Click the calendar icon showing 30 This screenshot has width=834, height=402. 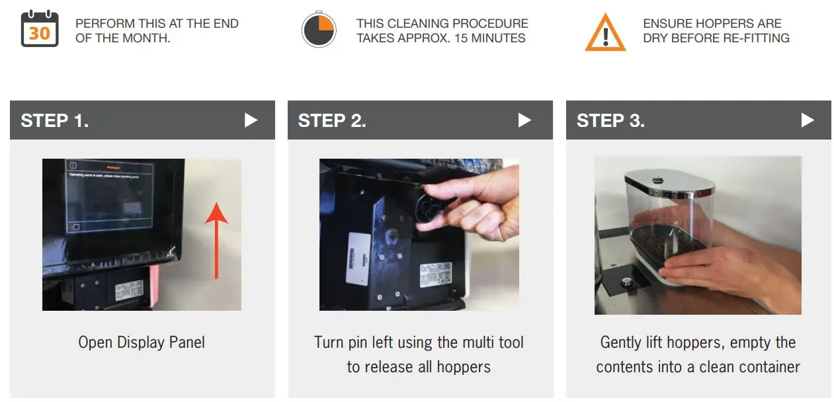pyautogui.click(x=39, y=30)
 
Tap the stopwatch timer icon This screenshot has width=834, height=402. pyautogui.click(x=319, y=30)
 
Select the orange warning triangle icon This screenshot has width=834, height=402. pyautogui.click(x=605, y=32)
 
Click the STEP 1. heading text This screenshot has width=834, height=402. pyautogui.click(x=55, y=120)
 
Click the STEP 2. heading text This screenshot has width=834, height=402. pyautogui.click(x=332, y=120)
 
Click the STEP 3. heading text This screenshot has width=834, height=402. pyautogui.click(x=610, y=120)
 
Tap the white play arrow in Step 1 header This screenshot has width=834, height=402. pyautogui.click(x=251, y=120)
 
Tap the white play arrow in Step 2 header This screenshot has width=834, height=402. pyautogui.click(x=525, y=120)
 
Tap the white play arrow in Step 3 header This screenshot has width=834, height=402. pyautogui.click(x=808, y=120)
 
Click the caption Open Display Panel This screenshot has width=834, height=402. pyautogui.click(x=142, y=342)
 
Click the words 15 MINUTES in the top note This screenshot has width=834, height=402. pyautogui.click(x=489, y=38)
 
